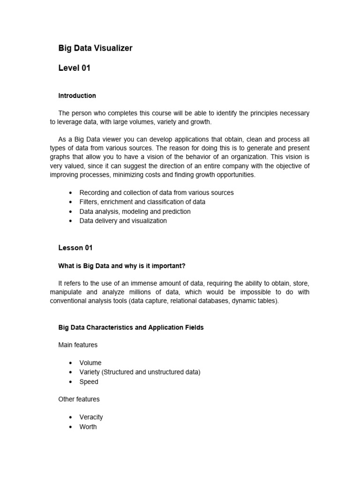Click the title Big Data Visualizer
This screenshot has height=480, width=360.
95,48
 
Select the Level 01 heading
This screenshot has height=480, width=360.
74,68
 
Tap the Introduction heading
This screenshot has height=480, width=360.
77,96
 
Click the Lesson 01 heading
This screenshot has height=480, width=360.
75,248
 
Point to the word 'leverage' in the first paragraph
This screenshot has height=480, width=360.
71,122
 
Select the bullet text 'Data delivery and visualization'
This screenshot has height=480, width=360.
123,221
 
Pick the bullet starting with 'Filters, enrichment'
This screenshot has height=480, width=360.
142,202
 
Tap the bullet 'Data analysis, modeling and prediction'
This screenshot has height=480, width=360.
135,211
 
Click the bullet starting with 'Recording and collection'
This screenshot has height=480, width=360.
156,193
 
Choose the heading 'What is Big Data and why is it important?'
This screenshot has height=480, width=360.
122,266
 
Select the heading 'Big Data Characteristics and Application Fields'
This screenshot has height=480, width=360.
131,328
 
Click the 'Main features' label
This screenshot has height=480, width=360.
78,345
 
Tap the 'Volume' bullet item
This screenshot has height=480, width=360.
90,363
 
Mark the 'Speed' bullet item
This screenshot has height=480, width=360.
89,382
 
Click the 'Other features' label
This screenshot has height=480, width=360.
79,399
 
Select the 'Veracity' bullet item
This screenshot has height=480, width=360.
91,417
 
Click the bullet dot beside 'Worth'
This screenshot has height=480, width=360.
70,427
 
